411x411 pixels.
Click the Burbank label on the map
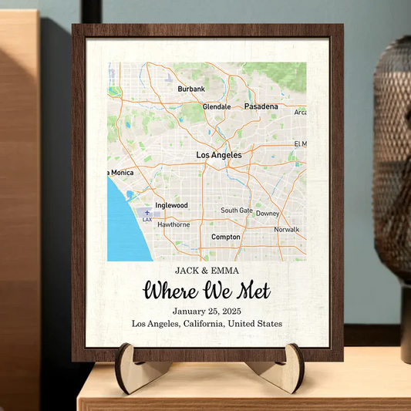click(191, 89)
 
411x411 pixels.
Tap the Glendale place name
click(216, 106)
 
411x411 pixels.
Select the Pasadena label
click(261, 106)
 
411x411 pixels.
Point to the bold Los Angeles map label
click(219, 155)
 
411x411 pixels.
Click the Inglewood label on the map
click(171, 206)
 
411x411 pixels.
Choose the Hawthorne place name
click(173, 224)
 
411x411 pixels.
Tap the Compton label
click(226, 237)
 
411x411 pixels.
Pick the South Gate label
click(236, 210)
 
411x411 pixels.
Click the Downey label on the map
click(268, 214)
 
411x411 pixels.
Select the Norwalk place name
click(286, 229)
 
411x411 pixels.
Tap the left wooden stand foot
click(127, 369)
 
